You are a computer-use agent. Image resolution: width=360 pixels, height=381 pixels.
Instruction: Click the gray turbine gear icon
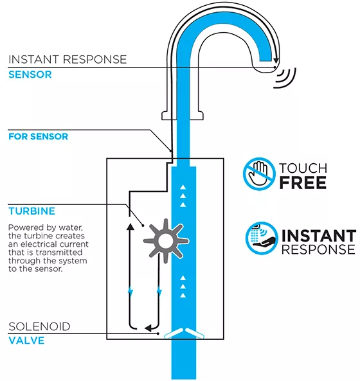[x=166, y=241]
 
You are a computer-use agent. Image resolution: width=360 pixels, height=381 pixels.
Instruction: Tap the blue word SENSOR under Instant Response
[x=30, y=75]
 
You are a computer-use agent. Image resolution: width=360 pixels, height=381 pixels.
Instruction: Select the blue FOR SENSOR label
[x=39, y=136]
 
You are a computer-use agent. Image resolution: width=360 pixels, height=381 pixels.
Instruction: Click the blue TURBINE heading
[x=32, y=211]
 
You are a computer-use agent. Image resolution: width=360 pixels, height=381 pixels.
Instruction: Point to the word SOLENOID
[x=39, y=326]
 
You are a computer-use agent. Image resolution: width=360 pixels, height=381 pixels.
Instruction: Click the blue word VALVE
[x=26, y=341]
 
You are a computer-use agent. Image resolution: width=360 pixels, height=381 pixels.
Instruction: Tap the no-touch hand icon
[x=259, y=173]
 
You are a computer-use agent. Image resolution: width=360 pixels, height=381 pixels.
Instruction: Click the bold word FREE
[x=303, y=182]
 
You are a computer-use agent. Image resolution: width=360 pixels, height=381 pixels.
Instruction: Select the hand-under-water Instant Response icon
[x=262, y=238]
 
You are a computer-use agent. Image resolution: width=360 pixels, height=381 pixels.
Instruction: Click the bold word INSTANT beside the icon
[x=319, y=235]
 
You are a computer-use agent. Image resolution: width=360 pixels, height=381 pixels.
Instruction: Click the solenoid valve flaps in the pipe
[x=184, y=333]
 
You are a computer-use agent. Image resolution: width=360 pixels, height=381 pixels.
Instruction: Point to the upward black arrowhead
[x=130, y=226]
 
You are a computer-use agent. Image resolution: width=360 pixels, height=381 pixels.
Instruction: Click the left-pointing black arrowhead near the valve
[x=148, y=328]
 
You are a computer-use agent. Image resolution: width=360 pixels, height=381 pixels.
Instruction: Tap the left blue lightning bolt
[x=130, y=291]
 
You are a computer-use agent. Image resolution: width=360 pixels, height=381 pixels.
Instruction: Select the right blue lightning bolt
[x=159, y=291]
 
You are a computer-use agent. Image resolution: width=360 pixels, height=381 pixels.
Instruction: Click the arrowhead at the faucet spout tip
[x=276, y=60]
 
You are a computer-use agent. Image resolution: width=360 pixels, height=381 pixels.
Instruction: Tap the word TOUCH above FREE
[x=303, y=168]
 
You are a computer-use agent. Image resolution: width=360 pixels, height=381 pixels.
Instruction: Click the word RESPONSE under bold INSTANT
[x=318, y=249]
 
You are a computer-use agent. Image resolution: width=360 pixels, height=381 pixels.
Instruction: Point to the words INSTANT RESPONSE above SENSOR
[x=67, y=59]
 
